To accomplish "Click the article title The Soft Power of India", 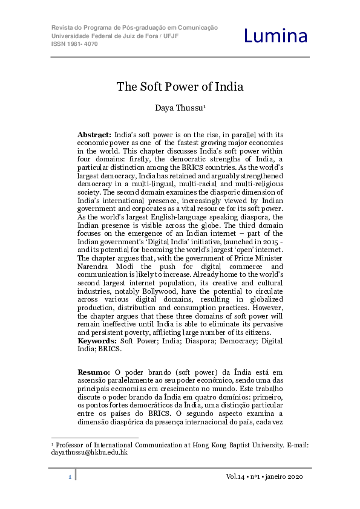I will coord(180,86).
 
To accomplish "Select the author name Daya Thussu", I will coord(179,109).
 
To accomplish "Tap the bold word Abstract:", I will coord(94,134).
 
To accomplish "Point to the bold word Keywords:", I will coord(97,341).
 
